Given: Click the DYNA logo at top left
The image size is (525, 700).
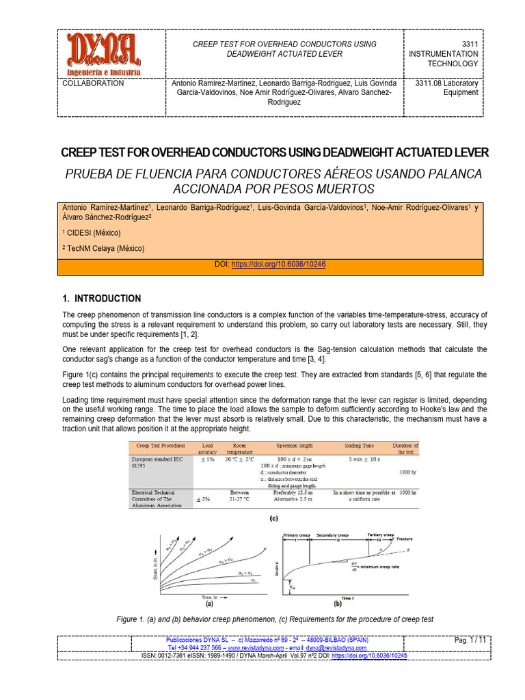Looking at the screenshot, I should (104, 53).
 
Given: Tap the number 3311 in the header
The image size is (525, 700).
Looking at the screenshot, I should (468, 44).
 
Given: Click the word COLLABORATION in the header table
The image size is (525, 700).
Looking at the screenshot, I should (93, 83).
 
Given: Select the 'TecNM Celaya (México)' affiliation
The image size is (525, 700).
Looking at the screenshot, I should (106, 248).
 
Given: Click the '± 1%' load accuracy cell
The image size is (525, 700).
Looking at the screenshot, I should (207, 460).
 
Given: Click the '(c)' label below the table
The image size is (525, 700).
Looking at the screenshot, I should (273, 518).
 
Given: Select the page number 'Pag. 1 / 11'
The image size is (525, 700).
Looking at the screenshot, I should (470, 640).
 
